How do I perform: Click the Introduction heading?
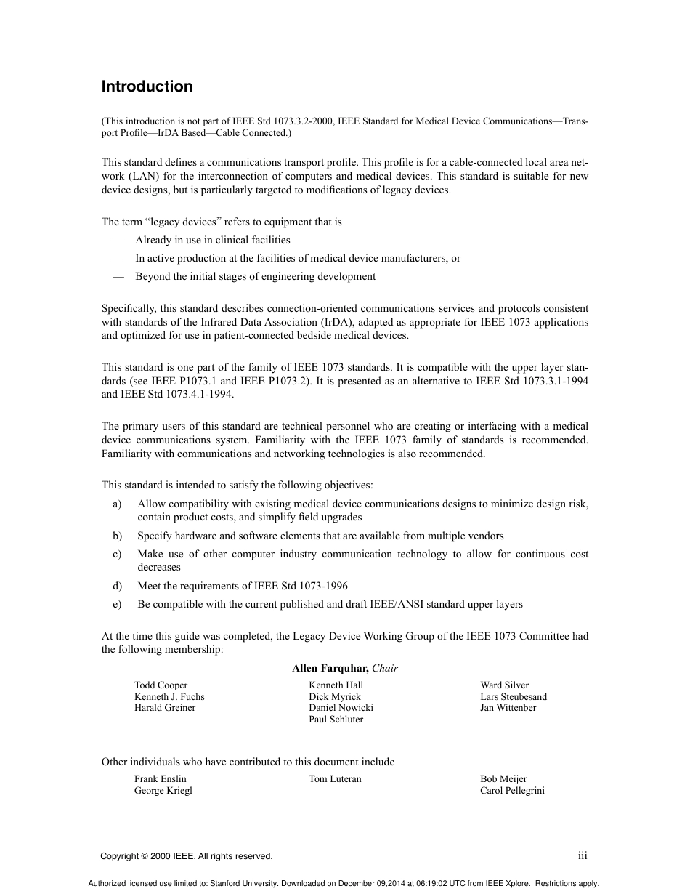click(147, 86)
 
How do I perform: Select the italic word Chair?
click(385, 668)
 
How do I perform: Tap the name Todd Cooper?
click(161, 685)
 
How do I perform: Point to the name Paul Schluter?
click(336, 720)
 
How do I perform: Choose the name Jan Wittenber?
click(508, 708)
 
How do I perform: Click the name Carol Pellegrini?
click(512, 791)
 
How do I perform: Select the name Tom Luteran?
click(335, 779)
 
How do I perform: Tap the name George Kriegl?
click(163, 791)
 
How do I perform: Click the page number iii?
click(583, 856)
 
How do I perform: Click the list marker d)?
click(118, 586)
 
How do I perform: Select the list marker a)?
click(118, 504)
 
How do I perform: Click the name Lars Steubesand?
click(514, 697)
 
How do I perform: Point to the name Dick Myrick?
click(335, 697)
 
